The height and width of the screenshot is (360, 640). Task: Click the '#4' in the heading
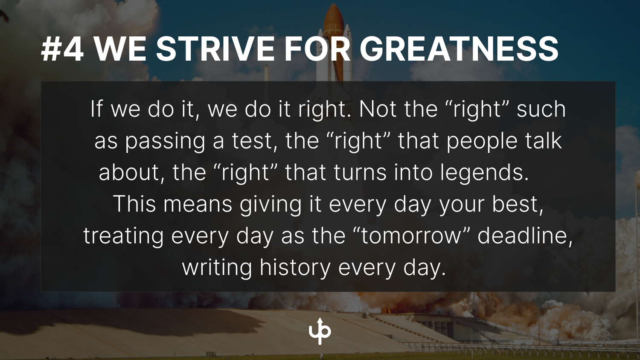coord(63,49)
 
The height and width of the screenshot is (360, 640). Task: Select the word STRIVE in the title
coord(215,49)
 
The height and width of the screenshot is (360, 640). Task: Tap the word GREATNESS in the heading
coord(459,49)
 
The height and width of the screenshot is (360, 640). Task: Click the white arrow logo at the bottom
coord(320,331)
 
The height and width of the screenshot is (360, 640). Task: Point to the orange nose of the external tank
coord(333,17)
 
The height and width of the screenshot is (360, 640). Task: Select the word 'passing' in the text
coord(165,141)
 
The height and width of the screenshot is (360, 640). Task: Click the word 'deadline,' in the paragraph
coord(525,236)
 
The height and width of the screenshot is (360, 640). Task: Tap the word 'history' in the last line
coord(295,268)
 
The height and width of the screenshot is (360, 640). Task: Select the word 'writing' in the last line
coord(217,268)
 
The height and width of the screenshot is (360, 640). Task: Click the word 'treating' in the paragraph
coord(123,236)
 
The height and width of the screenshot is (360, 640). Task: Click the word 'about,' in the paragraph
coord(132,173)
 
